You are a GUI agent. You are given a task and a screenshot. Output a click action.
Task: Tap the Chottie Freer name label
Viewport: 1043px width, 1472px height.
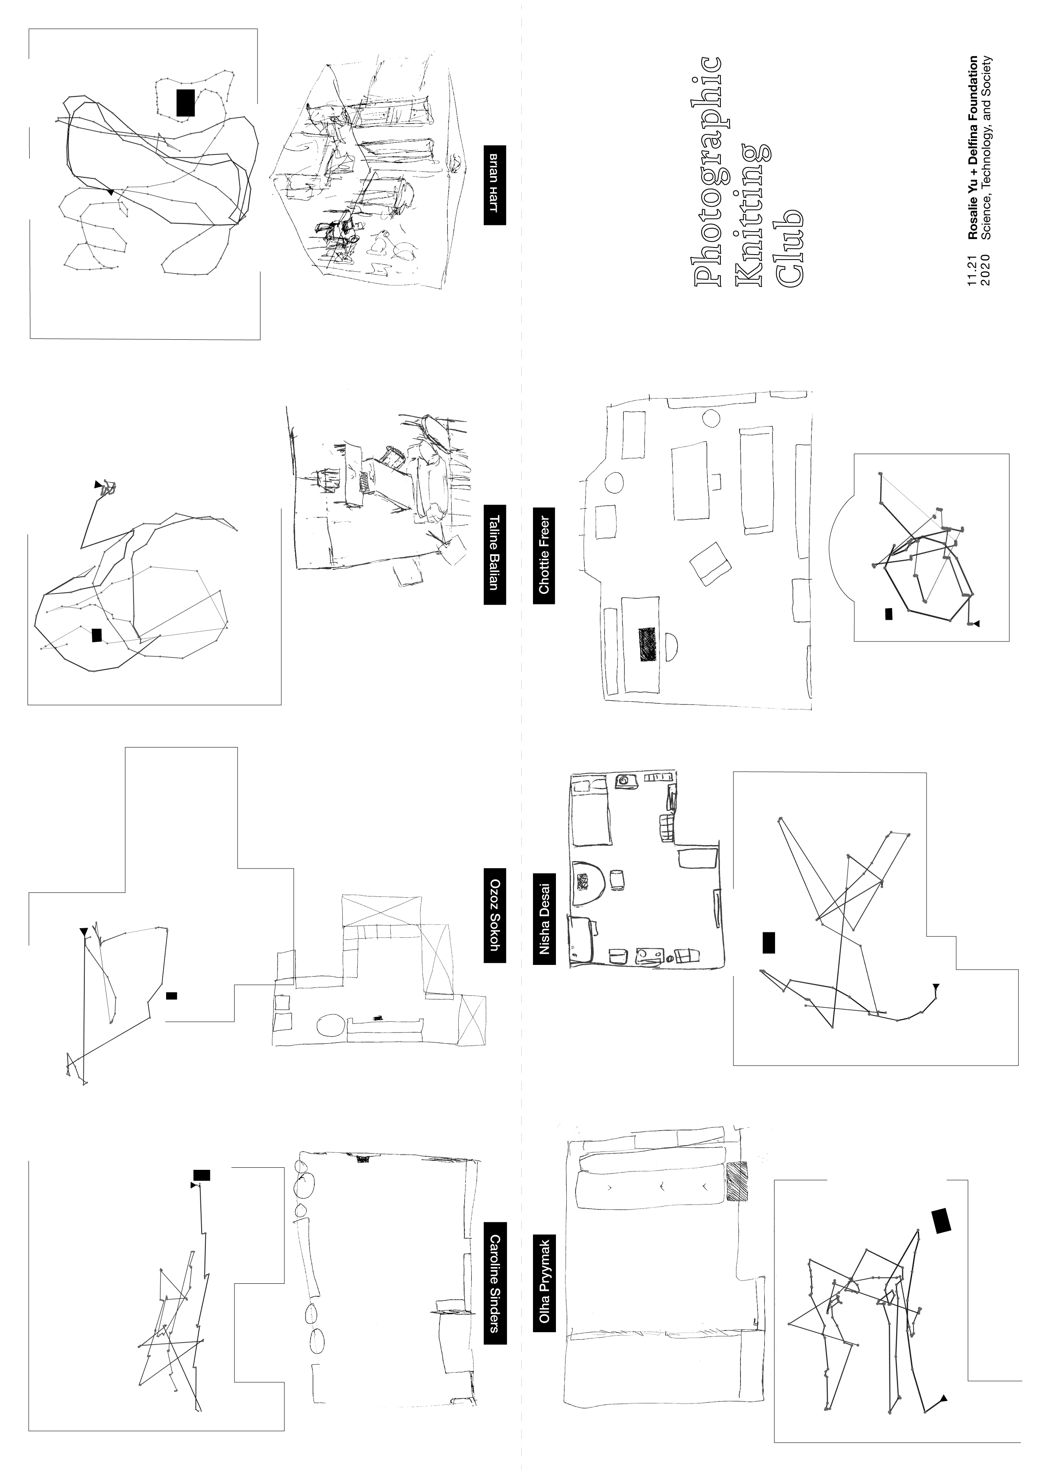pyautogui.click(x=544, y=556)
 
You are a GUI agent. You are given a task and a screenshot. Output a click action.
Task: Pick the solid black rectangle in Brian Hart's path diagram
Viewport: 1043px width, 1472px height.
pyautogui.click(x=186, y=103)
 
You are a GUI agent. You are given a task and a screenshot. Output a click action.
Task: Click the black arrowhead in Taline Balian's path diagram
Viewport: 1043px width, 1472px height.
pyautogui.click(x=98, y=484)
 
